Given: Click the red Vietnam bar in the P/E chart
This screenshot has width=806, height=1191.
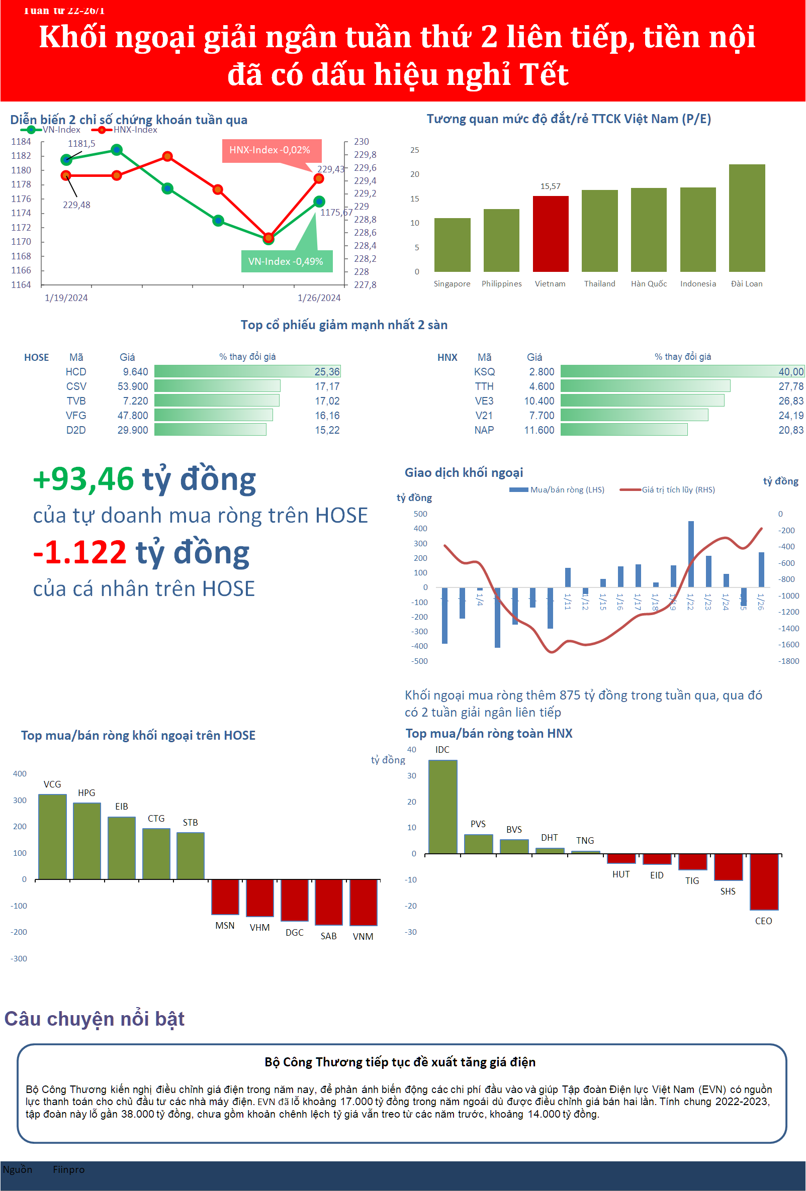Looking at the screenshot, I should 550,234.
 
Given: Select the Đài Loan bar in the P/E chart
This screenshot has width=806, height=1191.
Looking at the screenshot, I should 747,218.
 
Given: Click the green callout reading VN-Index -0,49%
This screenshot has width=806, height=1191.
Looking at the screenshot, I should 286,261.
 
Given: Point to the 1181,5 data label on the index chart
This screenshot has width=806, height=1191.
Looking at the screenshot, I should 81,144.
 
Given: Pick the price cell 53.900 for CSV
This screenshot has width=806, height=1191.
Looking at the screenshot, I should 132,386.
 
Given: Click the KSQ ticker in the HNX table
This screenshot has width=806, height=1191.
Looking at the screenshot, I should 484,371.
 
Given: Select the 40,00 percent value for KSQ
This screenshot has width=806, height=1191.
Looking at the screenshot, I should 790,371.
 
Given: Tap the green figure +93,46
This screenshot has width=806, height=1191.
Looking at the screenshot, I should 83,479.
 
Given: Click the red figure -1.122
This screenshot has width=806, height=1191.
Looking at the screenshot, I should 79,552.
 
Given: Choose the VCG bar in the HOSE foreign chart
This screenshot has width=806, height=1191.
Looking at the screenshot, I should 52,836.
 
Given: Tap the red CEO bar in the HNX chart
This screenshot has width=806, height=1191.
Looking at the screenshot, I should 763,881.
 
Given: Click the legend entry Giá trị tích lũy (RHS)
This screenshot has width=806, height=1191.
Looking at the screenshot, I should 678,489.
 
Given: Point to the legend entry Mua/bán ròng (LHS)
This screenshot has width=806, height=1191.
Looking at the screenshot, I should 567,489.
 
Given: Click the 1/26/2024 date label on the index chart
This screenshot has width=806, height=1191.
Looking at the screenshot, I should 319,297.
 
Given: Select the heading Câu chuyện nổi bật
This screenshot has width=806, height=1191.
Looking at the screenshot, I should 95,1018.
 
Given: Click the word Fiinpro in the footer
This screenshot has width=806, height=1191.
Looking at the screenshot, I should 68,1169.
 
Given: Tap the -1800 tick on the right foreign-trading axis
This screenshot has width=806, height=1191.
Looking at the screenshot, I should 788,661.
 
